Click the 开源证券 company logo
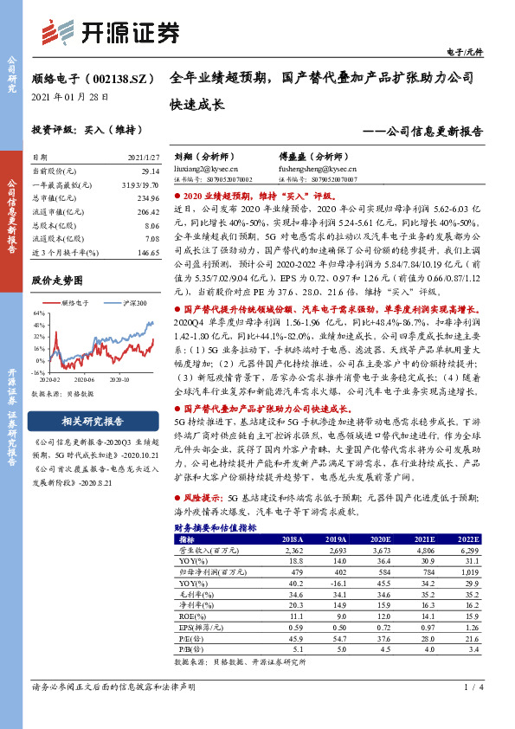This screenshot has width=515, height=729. pos(112,32)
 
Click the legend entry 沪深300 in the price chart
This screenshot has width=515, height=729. pos(133,303)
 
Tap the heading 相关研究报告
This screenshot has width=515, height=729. pos(93,422)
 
